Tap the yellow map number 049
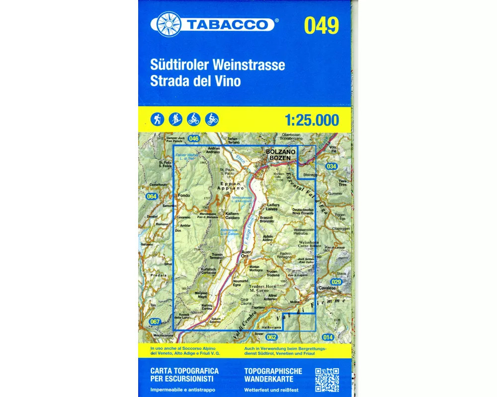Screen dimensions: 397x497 (x=322, y=25)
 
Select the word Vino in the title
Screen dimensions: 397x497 (x=228, y=81)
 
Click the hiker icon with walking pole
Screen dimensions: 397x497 (x=158, y=119)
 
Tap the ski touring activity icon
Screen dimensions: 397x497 (x=175, y=119)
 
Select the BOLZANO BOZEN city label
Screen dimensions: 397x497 (x=281, y=154)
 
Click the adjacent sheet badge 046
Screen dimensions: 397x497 (x=194, y=139)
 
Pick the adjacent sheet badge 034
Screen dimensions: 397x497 (x=331, y=167)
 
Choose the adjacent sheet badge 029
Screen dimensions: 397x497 (x=336, y=282)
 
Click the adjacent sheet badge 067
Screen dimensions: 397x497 (x=155, y=322)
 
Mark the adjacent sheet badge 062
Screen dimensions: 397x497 (x=271, y=337)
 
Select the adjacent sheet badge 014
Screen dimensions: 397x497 (x=328, y=337)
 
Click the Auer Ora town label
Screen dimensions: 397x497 (x=247, y=254)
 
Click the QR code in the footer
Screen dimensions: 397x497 (x=327, y=380)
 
